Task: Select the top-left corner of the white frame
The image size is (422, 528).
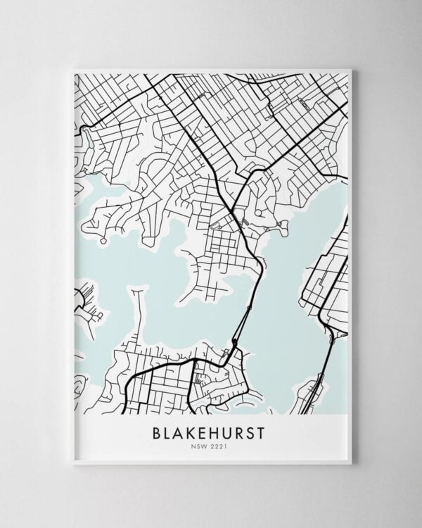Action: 73,69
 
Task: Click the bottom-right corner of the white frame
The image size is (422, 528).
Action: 350,463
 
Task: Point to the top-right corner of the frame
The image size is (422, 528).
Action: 350,69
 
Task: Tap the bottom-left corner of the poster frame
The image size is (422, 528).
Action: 73,463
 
